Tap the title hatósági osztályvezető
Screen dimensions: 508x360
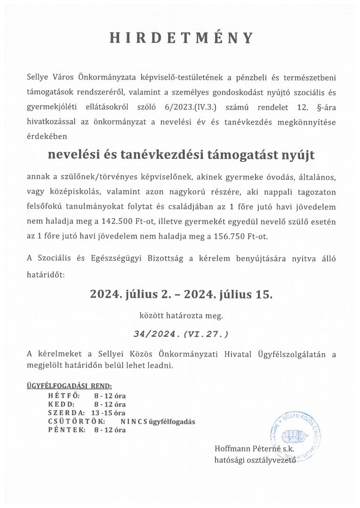click(255, 460)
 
